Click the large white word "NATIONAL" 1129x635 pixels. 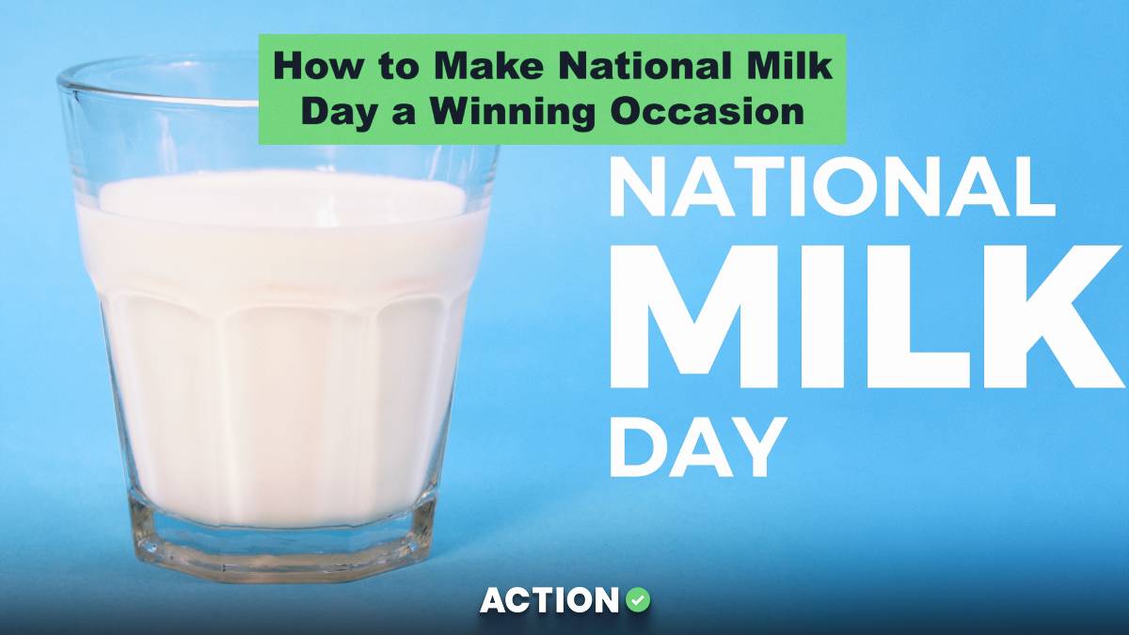pos(832,187)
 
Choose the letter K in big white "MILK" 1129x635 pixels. pos(1054,320)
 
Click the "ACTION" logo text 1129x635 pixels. pos(550,600)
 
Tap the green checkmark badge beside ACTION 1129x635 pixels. pos(639,599)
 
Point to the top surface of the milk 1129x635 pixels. pos(282,196)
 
